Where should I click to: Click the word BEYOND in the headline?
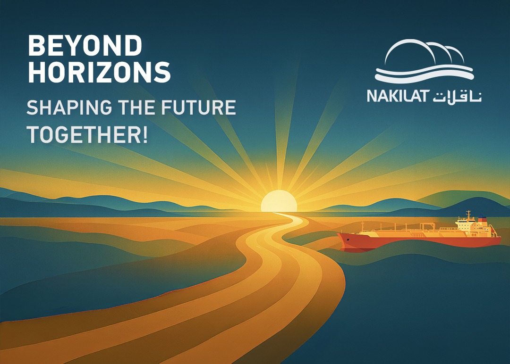(85, 46)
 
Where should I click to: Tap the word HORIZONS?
(99, 72)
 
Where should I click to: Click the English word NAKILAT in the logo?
(397, 96)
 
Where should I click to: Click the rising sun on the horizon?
(279, 202)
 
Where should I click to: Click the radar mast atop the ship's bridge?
(468, 215)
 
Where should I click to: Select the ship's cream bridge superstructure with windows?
(466, 226)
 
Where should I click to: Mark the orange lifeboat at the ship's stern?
(492, 231)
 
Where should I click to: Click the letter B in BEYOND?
(35, 46)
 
